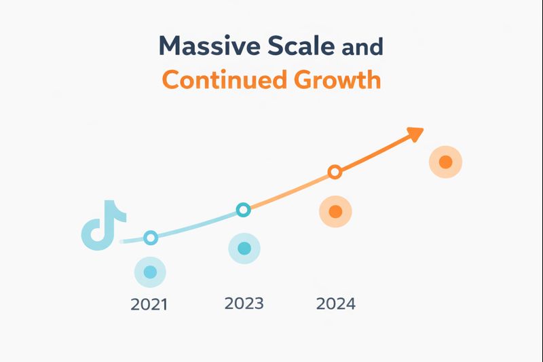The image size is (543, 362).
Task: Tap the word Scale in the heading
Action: (x=299, y=46)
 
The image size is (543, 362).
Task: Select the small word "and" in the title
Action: (x=362, y=48)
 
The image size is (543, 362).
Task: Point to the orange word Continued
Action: (x=218, y=79)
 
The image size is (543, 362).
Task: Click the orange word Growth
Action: (x=337, y=79)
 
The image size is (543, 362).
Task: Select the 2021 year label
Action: (x=149, y=304)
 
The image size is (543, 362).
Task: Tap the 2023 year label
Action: (x=244, y=303)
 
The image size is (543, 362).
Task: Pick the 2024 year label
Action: (x=335, y=303)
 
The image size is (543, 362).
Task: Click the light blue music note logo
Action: (x=102, y=224)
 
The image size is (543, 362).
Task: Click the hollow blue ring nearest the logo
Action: (x=151, y=237)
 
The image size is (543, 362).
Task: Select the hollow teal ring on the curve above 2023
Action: (x=244, y=209)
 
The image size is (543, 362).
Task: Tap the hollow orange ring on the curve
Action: (x=335, y=172)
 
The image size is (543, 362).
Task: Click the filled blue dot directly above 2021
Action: (x=150, y=272)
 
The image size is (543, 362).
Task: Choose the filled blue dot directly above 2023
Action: (x=244, y=248)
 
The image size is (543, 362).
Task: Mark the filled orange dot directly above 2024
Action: (x=335, y=212)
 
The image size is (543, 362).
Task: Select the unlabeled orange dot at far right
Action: (x=445, y=162)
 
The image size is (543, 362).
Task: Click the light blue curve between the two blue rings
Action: (x=197, y=225)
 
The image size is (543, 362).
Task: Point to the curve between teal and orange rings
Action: (x=289, y=192)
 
